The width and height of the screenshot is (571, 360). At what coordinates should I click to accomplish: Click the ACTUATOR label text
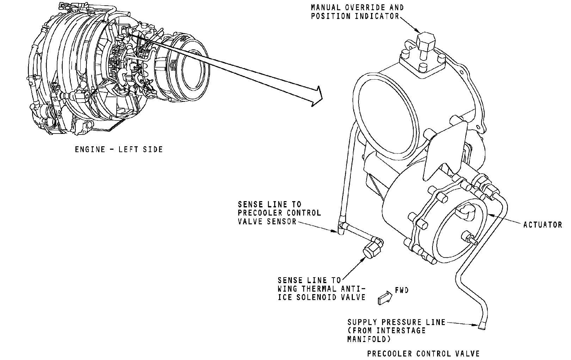(542, 225)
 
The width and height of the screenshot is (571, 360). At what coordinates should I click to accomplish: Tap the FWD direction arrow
(385, 298)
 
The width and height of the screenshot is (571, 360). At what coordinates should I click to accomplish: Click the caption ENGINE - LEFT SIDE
(119, 149)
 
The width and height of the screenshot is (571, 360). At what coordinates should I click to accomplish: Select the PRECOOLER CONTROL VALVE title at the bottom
(423, 354)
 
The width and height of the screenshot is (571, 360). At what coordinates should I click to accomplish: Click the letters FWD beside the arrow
(402, 290)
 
